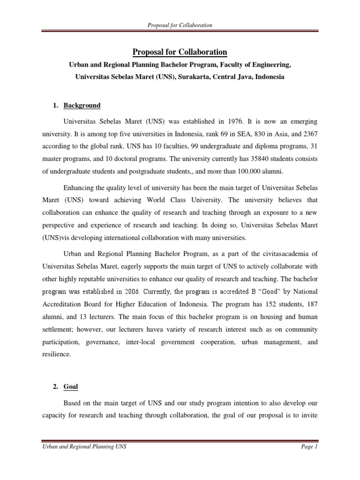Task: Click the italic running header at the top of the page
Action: [x=180, y=25]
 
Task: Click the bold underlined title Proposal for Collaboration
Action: [x=180, y=52]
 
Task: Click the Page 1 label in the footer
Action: [x=309, y=448]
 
